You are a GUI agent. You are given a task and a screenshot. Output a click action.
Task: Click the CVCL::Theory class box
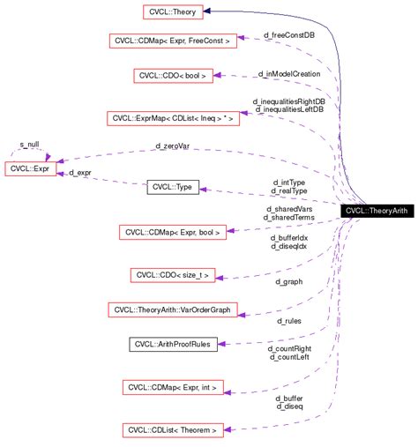click(x=175, y=11)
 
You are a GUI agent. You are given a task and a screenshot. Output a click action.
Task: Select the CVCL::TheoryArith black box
click(x=376, y=212)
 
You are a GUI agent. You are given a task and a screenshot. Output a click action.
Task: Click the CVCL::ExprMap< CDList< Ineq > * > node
click(x=174, y=117)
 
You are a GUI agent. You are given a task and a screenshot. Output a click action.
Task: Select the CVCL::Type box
click(x=175, y=188)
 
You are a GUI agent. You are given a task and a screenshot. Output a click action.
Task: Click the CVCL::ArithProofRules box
click(x=175, y=343)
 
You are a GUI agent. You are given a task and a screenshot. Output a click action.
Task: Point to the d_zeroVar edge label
click(x=172, y=145)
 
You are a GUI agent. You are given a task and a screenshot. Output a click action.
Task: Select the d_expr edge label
click(x=80, y=173)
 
